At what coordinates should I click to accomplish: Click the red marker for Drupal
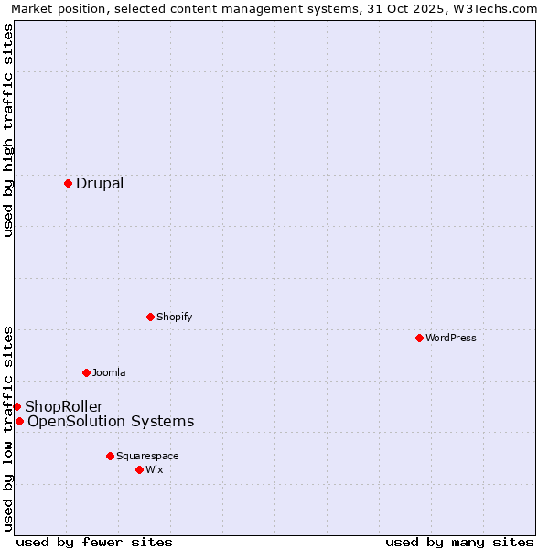pyautogui.click(x=68, y=183)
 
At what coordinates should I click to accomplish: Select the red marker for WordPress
pyautogui.click(x=419, y=338)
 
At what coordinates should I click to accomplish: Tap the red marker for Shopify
pyautogui.click(x=150, y=317)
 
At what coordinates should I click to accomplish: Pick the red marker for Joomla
pyautogui.click(x=86, y=372)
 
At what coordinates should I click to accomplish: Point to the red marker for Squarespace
pyautogui.click(x=110, y=456)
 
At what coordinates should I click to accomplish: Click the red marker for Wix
pyautogui.click(x=139, y=469)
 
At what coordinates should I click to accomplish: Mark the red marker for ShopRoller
pyautogui.click(x=16, y=406)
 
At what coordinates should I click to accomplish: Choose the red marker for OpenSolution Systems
pyautogui.click(x=19, y=421)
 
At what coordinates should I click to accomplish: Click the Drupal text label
pyautogui.click(x=100, y=183)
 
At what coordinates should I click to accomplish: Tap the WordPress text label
pyautogui.click(x=451, y=338)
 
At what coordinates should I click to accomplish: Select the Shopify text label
pyautogui.click(x=174, y=317)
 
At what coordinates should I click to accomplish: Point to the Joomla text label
pyautogui.click(x=109, y=372)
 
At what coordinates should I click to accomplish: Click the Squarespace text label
pyautogui.click(x=147, y=456)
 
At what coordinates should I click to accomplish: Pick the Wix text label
pyautogui.click(x=155, y=469)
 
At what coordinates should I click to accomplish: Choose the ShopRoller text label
pyautogui.click(x=64, y=406)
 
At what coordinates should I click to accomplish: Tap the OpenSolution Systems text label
pyautogui.click(x=111, y=421)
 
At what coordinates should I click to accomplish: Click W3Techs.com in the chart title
pyautogui.click(x=499, y=8)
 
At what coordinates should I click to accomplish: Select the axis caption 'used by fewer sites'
pyautogui.click(x=94, y=542)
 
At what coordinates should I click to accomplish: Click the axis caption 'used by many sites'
pyautogui.click(x=459, y=542)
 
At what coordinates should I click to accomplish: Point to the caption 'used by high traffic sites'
pyautogui.click(x=8, y=130)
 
